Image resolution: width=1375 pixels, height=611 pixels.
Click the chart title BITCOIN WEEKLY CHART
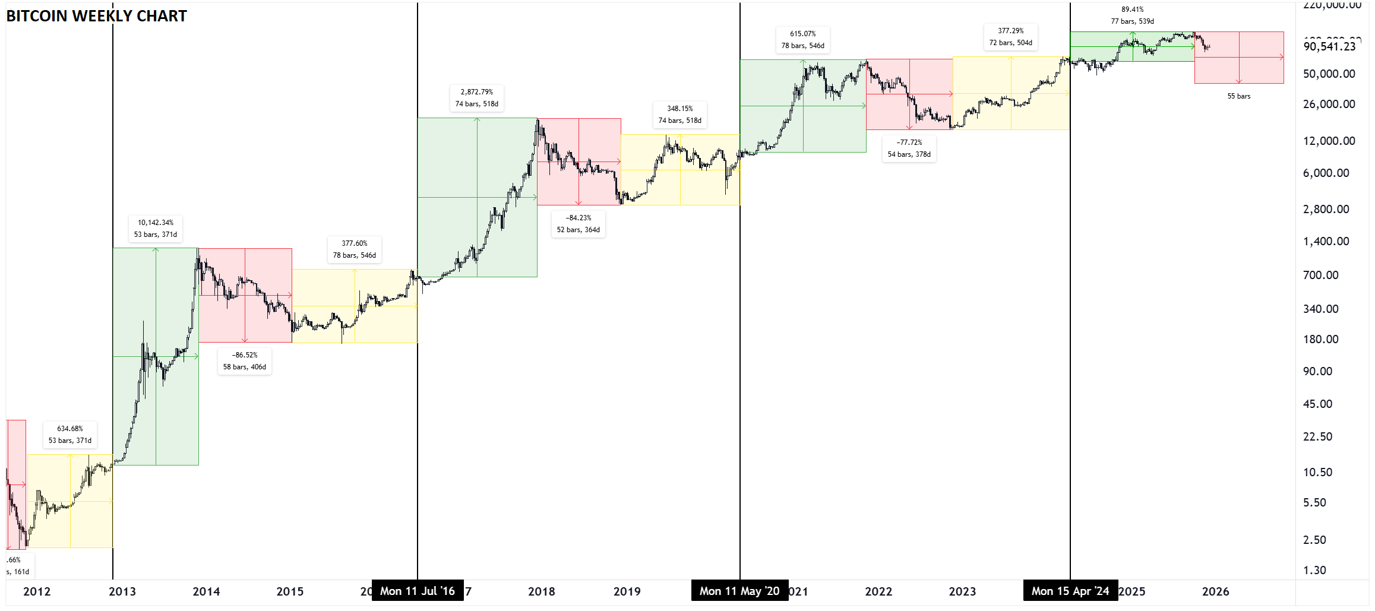click(96, 16)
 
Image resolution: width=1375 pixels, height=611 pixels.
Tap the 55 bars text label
click(1239, 96)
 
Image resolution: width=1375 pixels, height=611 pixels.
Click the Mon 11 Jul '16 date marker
click(418, 591)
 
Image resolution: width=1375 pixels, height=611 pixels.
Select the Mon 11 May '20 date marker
click(739, 591)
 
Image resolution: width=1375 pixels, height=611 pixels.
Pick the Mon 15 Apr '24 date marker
click(1070, 591)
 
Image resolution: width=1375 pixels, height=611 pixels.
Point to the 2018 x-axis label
click(542, 592)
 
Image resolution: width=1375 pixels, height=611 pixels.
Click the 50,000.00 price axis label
click(1329, 74)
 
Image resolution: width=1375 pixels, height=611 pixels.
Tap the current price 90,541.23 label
click(1330, 47)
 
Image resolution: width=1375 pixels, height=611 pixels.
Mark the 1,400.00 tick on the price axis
click(1326, 242)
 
